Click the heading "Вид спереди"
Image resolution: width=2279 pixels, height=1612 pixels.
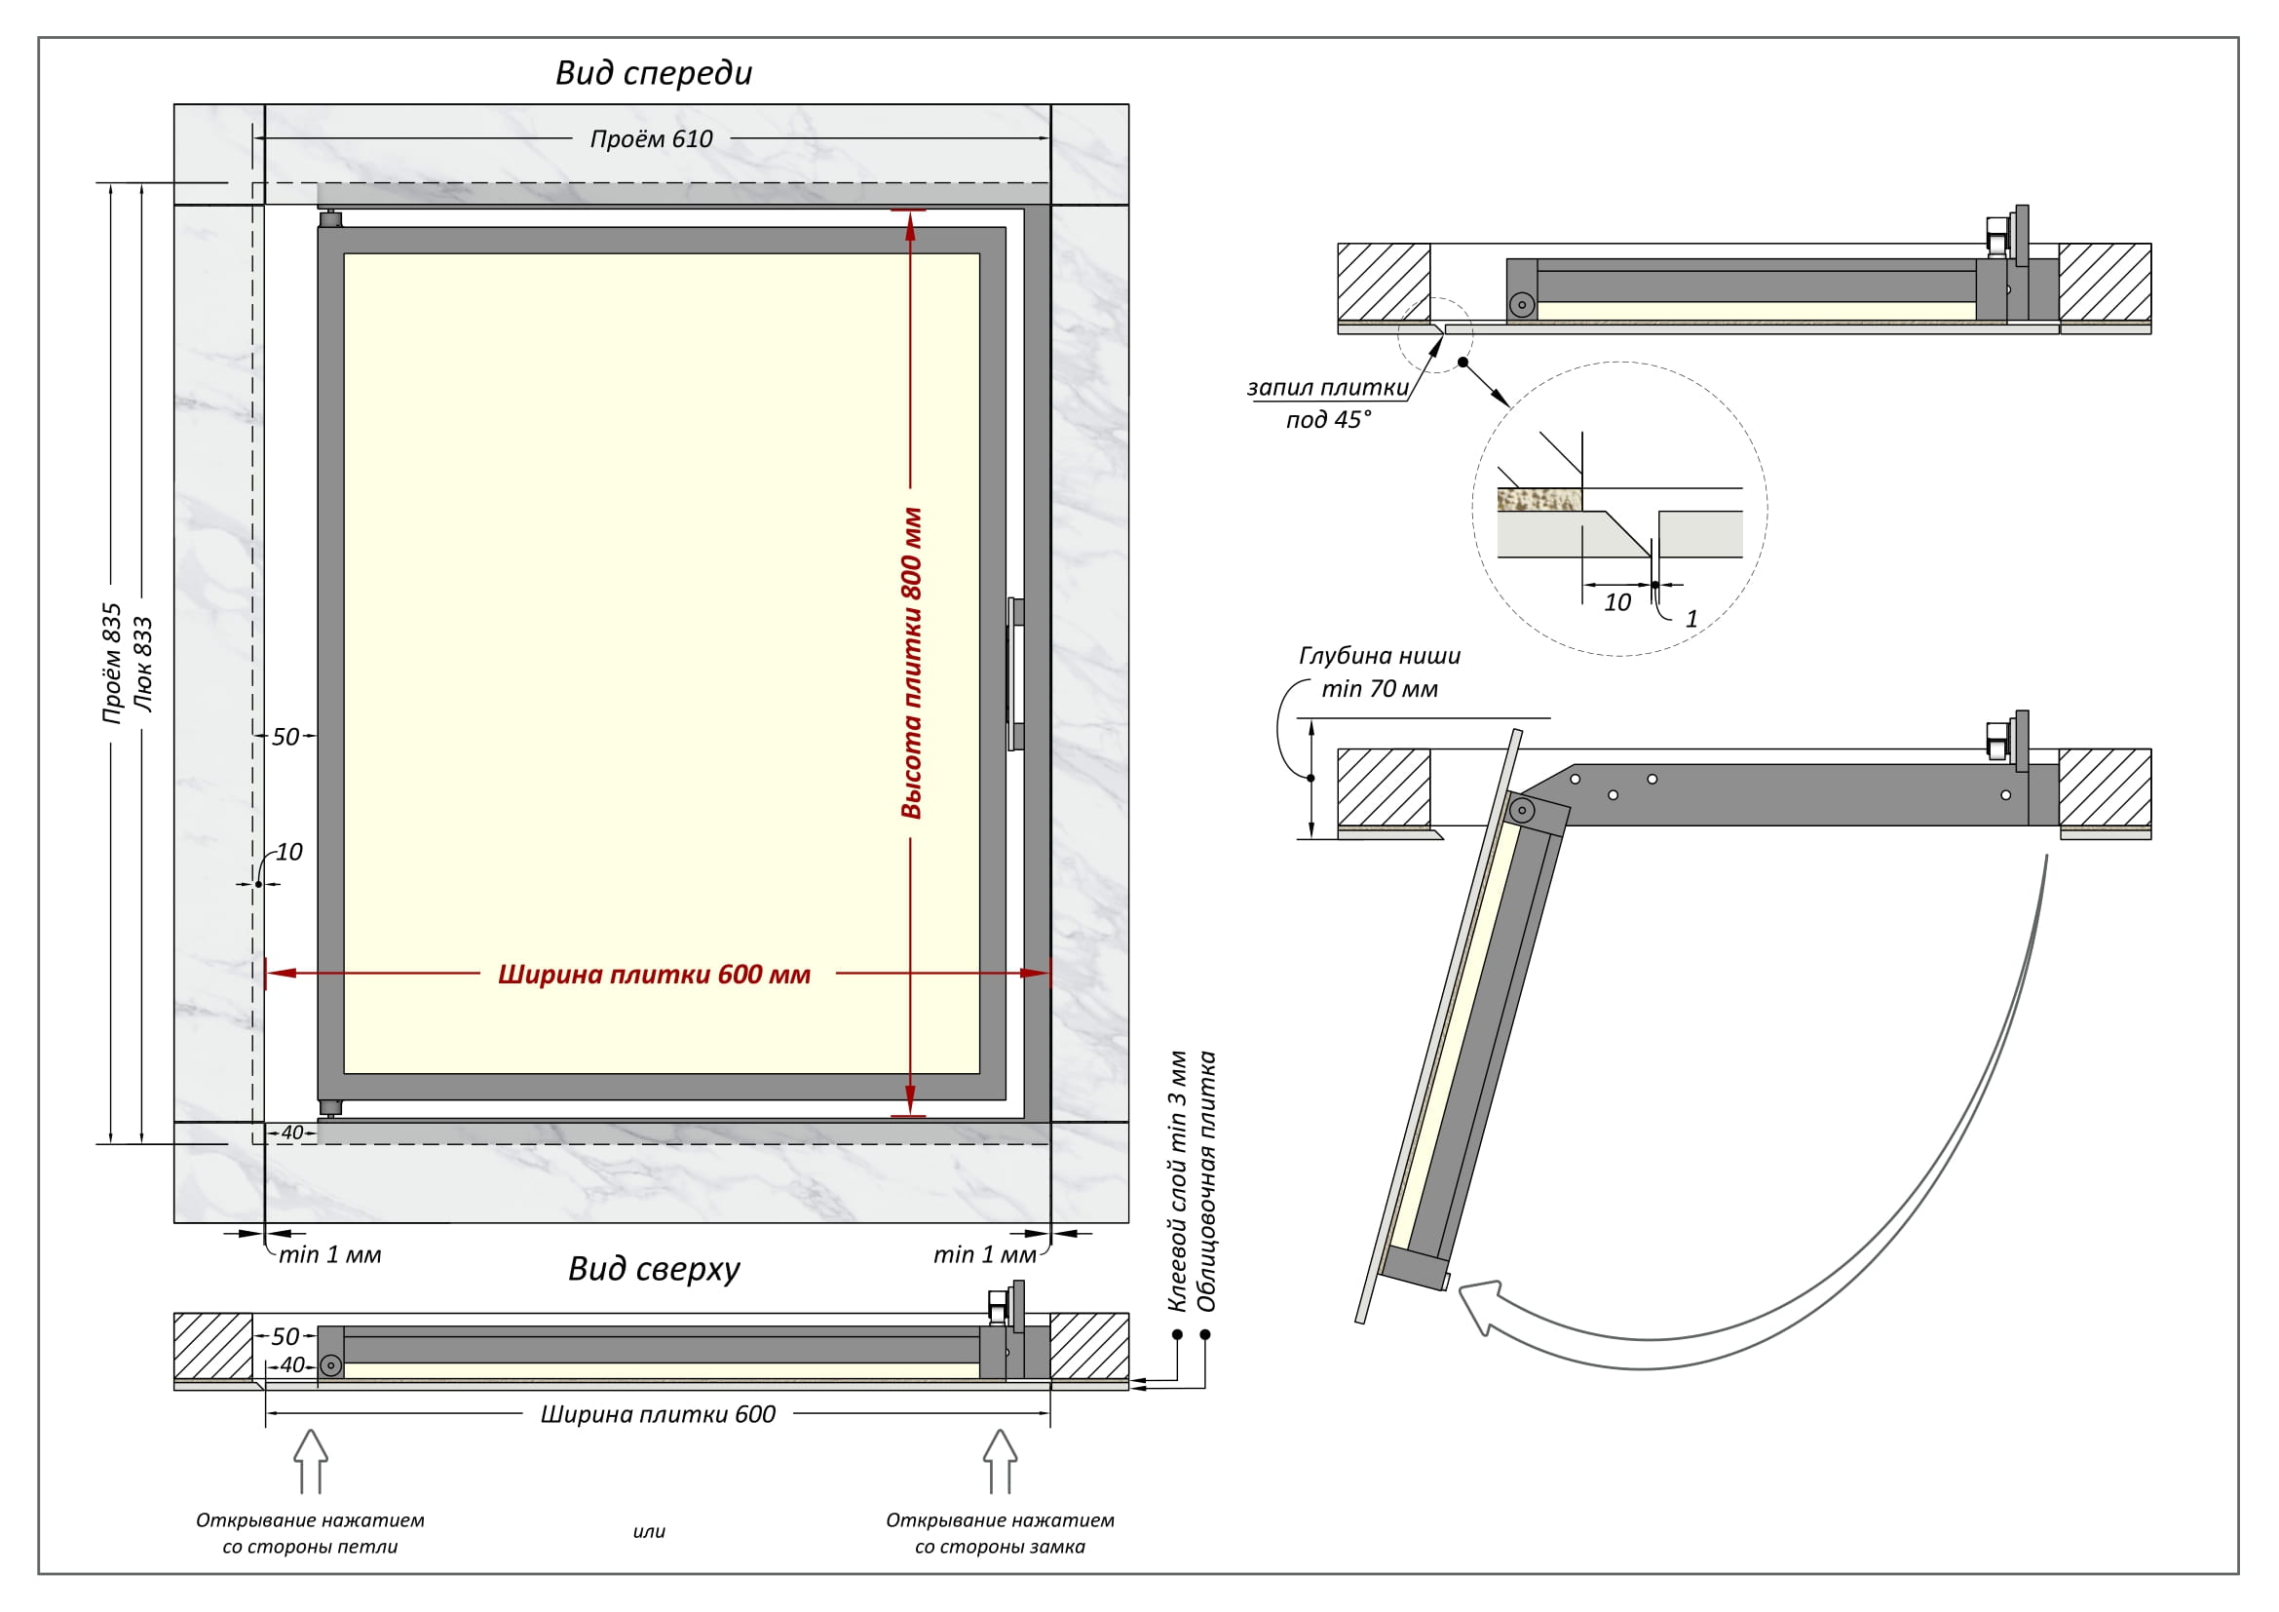pos(653,72)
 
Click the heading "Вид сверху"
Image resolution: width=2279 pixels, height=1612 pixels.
pos(653,1269)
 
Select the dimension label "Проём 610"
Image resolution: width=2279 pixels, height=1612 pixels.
pos(651,139)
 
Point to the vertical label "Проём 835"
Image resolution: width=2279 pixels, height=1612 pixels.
pos(112,663)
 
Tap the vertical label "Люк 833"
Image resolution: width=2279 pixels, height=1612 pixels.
pos(144,663)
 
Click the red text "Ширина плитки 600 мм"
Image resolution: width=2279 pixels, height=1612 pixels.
pos(654,974)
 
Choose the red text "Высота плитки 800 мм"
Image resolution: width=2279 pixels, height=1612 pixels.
pos(911,663)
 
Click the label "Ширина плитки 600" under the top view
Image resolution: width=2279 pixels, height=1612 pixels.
pos(657,1414)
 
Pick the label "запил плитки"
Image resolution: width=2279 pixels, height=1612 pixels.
pos(1327,387)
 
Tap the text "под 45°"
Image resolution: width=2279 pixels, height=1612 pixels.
pos(1328,420)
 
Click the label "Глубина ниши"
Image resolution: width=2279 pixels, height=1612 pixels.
pos(1380,655)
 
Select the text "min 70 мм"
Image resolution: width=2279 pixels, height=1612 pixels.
pos(1379,688)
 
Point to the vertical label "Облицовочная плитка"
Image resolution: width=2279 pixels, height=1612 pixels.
pos(1207,1181)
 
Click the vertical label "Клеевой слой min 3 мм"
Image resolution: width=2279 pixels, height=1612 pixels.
pos(1177,1181)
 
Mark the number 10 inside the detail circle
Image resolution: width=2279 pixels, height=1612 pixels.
pos(1617,602)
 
